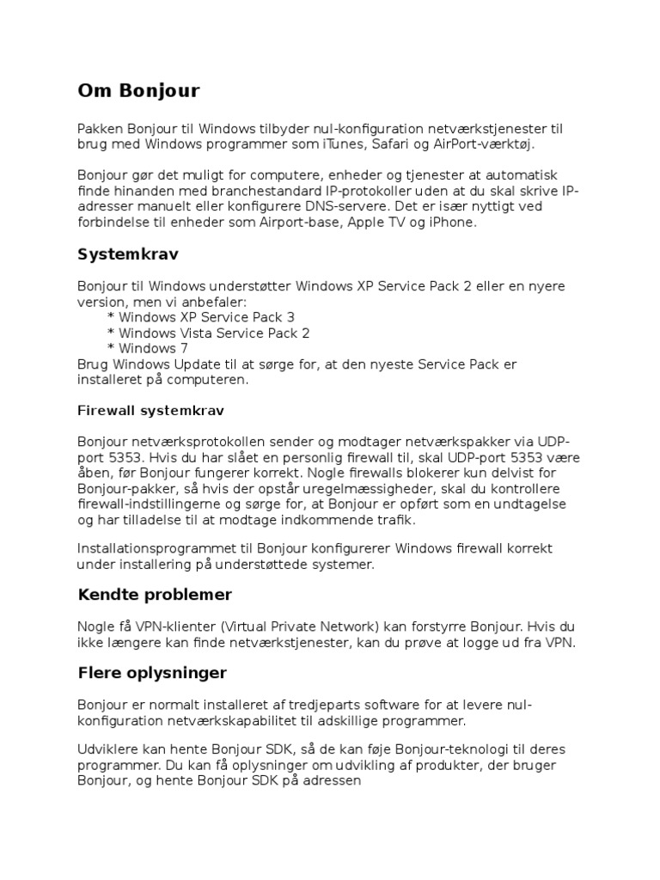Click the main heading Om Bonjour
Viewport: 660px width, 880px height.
(138, 90)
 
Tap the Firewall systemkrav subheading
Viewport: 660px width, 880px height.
(151, 411)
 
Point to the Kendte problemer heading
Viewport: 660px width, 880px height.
(155, 595)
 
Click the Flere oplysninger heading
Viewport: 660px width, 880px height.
(152, 672)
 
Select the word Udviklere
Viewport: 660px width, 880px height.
(107, 749)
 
